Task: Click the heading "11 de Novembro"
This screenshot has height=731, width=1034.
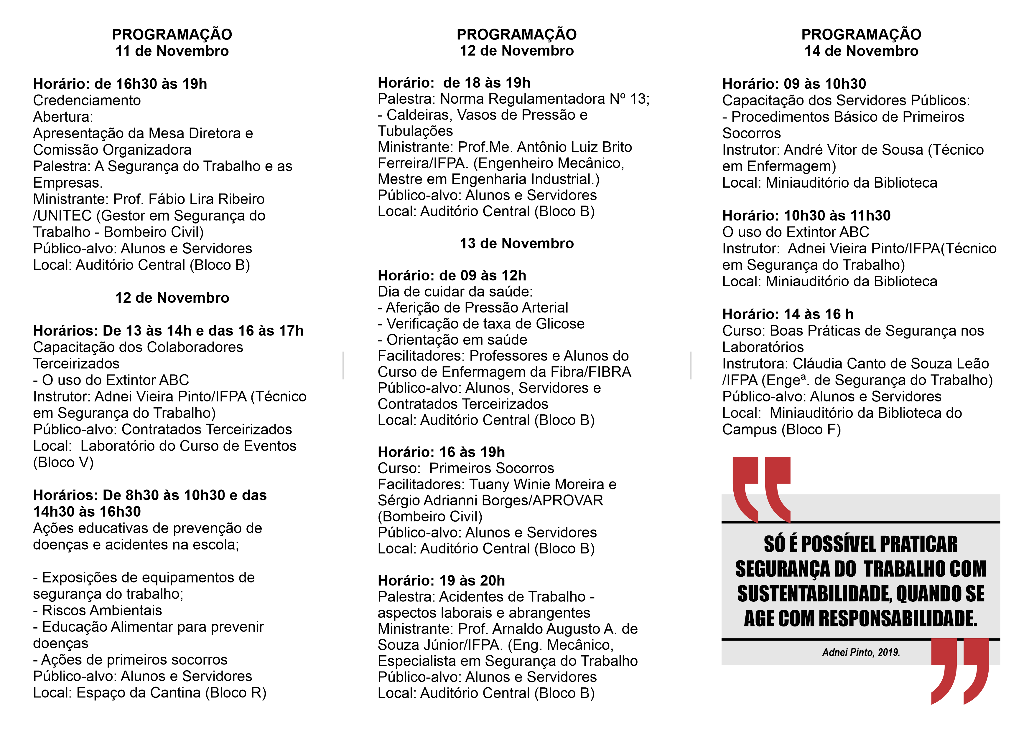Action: click(x=172, y=51)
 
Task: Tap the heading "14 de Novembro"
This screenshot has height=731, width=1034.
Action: click(x=861, y=51)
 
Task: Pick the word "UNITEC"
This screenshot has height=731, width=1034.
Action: click(x=64, y=216)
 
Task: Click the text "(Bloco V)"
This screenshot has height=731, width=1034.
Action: click(x=63, y=462)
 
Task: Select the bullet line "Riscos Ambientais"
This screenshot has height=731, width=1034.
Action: click(x=102, y=610)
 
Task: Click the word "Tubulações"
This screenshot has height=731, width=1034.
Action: click(x=415, y=131)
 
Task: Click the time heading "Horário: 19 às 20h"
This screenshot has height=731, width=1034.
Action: click(x=441, y=581)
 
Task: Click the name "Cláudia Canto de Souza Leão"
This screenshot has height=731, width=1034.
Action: click(x=891, y=364)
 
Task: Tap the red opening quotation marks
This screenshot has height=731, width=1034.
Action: click(x=761, y=488)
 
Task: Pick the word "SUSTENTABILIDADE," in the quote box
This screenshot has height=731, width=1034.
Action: click(x=815, y=594)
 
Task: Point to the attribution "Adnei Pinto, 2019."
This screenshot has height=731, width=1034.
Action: click(x=861, y=652)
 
